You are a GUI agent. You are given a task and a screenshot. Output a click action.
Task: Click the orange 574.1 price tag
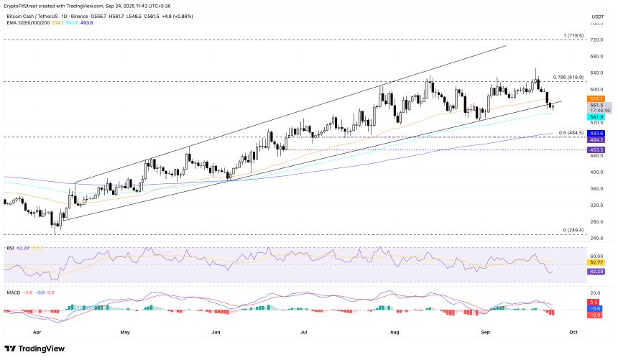tap(596, 98)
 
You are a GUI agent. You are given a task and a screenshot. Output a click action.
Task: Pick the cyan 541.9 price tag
tap(596, 116)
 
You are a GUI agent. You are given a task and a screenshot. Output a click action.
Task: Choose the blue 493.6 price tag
tap(596, 133)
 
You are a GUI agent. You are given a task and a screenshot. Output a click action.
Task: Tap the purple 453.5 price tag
tap(596, 149)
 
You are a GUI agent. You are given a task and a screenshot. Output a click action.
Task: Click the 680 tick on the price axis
tap(596, 56)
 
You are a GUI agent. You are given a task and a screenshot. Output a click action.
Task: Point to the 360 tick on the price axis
tap(596, 188)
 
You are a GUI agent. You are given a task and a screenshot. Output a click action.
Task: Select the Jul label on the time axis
tap(304, 333)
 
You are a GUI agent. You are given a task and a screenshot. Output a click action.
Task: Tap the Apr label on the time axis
tap(36, 333)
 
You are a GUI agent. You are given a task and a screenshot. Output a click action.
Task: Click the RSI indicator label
tap(10, 248)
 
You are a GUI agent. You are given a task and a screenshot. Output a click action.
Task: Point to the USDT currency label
tap(597, 17)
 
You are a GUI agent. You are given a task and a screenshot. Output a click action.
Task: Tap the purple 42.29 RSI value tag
tap(596, 272)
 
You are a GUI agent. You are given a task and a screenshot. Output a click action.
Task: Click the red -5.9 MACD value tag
tap(596, 315)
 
